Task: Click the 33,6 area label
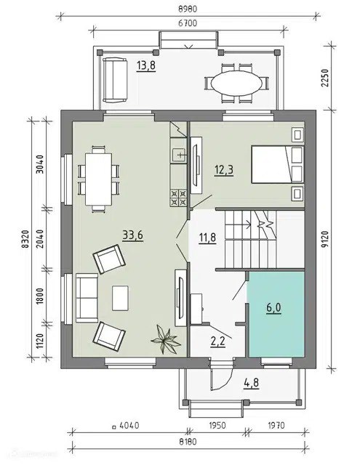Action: point(132,235)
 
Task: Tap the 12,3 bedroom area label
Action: point(224,171)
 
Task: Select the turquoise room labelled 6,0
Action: point(276,315)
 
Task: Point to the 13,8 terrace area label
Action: point(146,65)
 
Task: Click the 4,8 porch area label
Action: point(252,383)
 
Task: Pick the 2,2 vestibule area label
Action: point(218,341)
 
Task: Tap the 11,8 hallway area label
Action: point(208,238)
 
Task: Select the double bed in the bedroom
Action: point(278,164)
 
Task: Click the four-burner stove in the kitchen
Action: point(178,198)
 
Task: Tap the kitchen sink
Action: point(179,155)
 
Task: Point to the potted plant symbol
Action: point(166,340)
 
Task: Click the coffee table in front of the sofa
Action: point(120,298)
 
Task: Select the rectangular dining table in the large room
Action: point(98,179)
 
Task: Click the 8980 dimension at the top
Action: point(188,9)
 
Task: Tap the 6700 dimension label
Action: point(188,23)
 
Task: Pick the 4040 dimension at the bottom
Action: point(129,426)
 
